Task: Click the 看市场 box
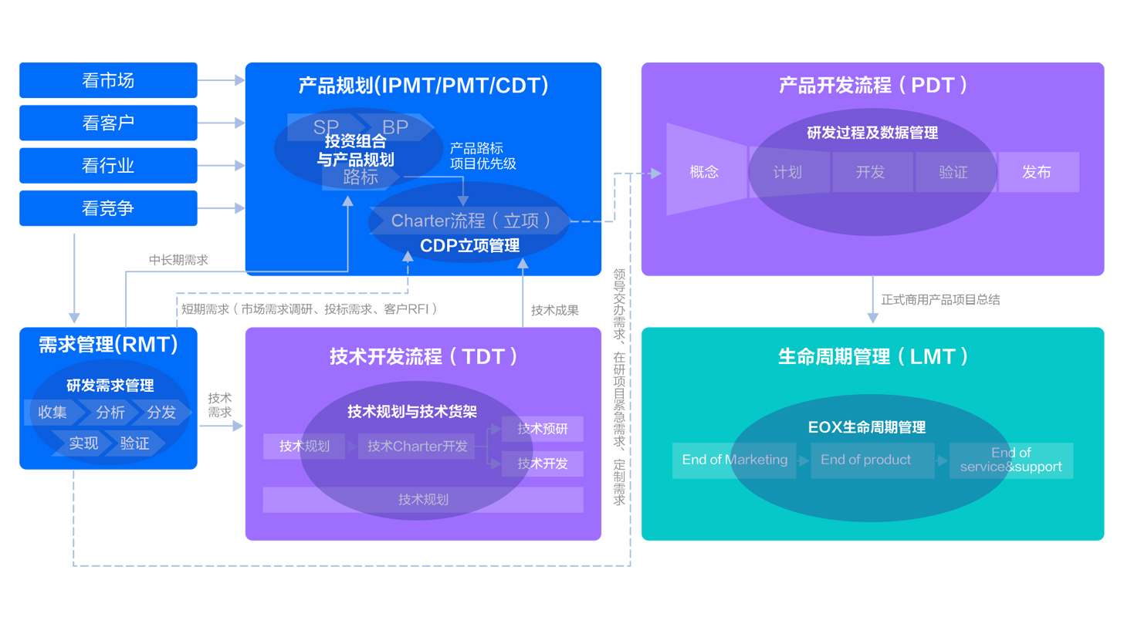pyautogui.click(x=108, y=80)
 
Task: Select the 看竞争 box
pyautogui.click(x=108, y=208)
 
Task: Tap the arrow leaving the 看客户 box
pyautogui.click(x=221, y=123)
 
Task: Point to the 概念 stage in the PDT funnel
pyautogui.click(x=704, y=172)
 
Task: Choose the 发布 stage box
pyautogui.click(x=1037, y=172)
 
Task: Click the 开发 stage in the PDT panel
pyautogui.click(x=870, y=172)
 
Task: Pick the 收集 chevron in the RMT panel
pyautogui.click(x=52, y=413)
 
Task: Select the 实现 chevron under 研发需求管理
pyautogui.click(x=83, y=443)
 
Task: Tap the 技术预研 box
pyautogui.click(x=542, y=429)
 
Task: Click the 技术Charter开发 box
pyautogui.click(x=418, y=446)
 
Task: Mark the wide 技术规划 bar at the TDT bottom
pyautogui.click(x=423, y=500)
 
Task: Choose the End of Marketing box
pyautogui.click(x=734, y=460)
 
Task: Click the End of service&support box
pyautogui.click(x=1011, y=460)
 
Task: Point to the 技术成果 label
pyautogui.click(x=554, y=310)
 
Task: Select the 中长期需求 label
pyautogui.click(x=178, y=261)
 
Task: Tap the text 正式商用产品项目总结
pyautogui.click(x=940, y=299)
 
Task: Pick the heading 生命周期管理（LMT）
pyautogui.click(x=872, y=356)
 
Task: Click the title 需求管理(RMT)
pyautogui.click(x=108, y=345)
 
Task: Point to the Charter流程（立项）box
pyautogui.click(x=471, y=221)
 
